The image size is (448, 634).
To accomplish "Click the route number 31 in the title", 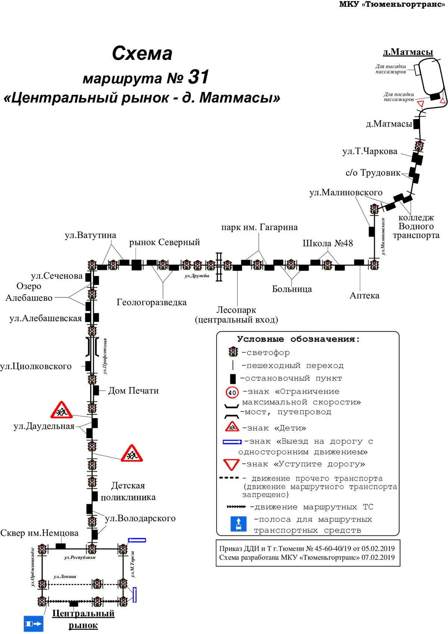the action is point(199,77).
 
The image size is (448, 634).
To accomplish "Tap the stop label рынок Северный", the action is point(165,242).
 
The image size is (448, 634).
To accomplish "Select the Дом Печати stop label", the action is point(133,391).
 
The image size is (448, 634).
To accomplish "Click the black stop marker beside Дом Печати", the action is point(96,391).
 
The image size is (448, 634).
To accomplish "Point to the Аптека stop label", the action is point(364,296).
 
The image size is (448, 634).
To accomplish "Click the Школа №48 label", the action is point(328,243).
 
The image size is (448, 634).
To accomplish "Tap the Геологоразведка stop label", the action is point(152,302).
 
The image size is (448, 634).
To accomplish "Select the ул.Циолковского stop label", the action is point(36,366).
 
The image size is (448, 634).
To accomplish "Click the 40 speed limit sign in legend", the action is point(232,392).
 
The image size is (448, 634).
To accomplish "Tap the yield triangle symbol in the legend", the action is point(231,465).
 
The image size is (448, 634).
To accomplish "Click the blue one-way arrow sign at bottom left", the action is point(34,624).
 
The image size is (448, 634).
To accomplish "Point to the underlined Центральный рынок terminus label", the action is point(83,619).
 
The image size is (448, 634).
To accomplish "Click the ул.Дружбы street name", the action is point(197,276).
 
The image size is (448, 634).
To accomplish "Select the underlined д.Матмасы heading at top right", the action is point(408,52).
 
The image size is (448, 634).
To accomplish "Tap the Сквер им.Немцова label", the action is point(39,533).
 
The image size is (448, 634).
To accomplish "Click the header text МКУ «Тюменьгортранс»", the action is point(392,4).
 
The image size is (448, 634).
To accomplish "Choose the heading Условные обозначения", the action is point(298,339).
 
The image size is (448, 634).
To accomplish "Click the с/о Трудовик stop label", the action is point(373,173).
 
